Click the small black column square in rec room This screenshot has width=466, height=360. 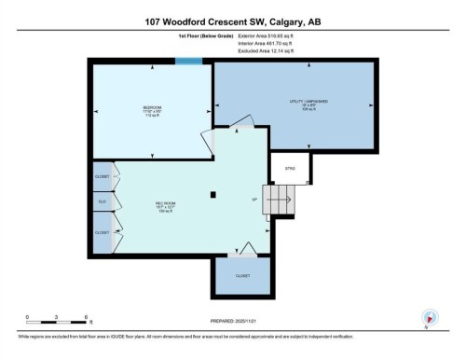click(213, 195)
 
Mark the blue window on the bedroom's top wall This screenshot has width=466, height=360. click(189, 62)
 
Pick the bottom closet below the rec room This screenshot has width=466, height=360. click(242, 277)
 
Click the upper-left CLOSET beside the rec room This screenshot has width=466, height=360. click(103, 176)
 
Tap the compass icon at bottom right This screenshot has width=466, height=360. click(429, 316)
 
